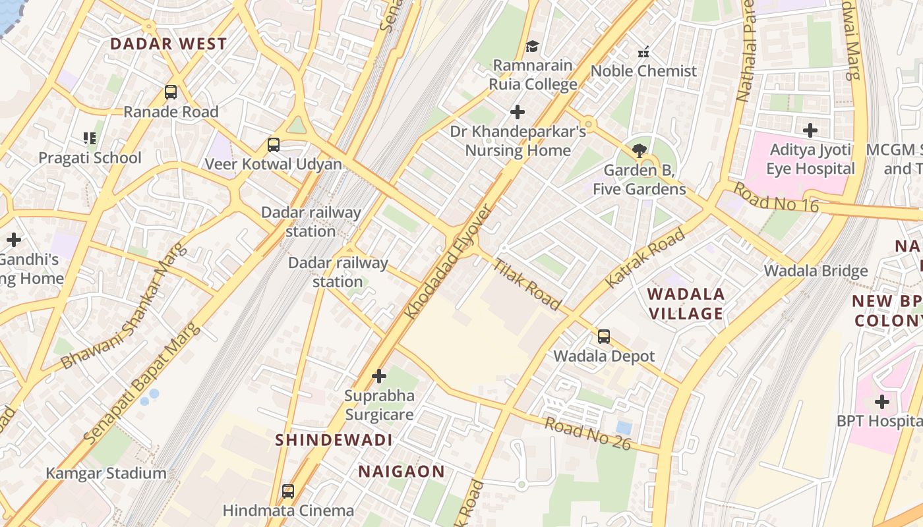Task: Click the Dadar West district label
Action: pyautogui.click(x=168, y=44)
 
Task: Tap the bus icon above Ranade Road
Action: pyautogui.click(x=171, y=92)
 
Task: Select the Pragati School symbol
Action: pyautogui.click(x=90, y=138)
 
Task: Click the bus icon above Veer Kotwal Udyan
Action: pyautogui.click(x=273, y=145)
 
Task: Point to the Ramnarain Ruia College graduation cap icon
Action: pyautogui.click(x=532, y=46)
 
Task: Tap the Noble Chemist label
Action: pyautogui.click(x=643, y=71)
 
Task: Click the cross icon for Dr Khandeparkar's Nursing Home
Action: pyautogui.click(x=518, y=112)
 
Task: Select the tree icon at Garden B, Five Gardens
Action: pyautogui.click(x=639, y=151)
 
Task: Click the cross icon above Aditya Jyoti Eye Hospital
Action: pyautogui.click(x=810, y=130)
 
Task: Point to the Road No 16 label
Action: pyautogui.click(x=775, y=198)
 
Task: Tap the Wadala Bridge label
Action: pyautogui.click(x=816, y=271)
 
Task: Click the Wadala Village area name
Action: pyautogui.click(x=686, y=304)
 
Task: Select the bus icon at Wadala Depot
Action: pyautogui.click(x=603, y=337)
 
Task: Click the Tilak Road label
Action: pyautogui.click(x=527, y=285)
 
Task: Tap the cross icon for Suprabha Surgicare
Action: pyautogui.click(x=379, y=376)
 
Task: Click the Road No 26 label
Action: pyautogui.click(x=587, y=433)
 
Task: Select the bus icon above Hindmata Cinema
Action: pyautogui.click(x=288, y=491)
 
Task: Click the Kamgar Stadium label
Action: pyautogui.click(x=106, y=473)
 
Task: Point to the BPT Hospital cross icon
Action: pyautogui.click(x=881, y=401)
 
